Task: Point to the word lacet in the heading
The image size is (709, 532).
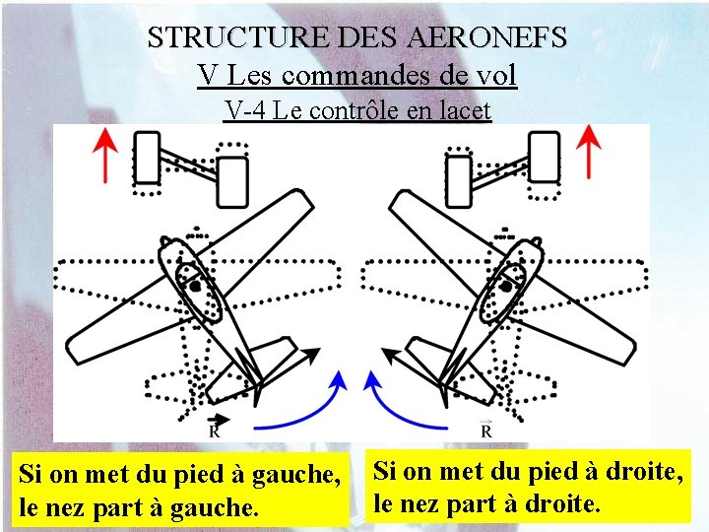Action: click(x=463, y=110)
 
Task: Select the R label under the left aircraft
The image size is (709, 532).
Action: click(x=215, y=429)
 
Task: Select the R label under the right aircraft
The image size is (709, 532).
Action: click(x=485, y=429)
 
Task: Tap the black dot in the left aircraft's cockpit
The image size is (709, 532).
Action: click(x=196, y=286)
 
